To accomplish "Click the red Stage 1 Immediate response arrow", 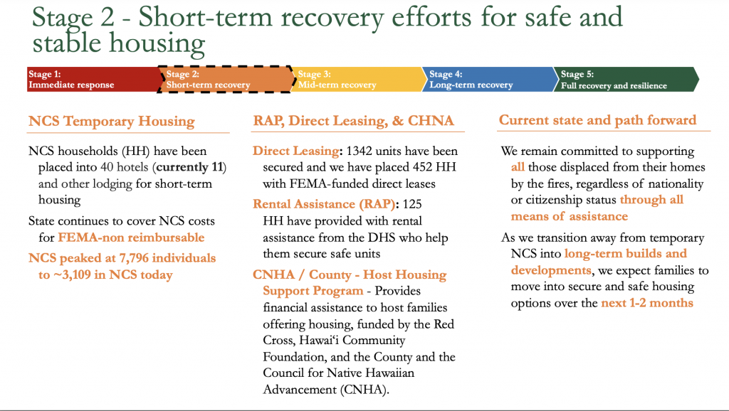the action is [93, 80].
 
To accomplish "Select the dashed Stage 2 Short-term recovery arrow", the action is [226, 80].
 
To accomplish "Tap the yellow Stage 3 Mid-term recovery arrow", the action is [359, 80].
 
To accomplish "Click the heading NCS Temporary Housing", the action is [112, 121].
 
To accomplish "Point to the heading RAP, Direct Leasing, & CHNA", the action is [353, 121].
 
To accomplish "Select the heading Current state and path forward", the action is [597, 120].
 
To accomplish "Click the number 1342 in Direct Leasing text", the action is [359, 151].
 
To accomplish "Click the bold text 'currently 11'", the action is [189, 167].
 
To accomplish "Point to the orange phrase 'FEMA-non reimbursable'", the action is [131, 237].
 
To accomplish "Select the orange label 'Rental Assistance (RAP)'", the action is [324, 204].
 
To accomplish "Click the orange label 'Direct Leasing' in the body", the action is [295, 151].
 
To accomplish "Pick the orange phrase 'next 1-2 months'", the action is [647, 303].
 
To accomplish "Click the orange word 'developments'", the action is [551, 270].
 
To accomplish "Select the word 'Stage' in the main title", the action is [63, 18].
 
